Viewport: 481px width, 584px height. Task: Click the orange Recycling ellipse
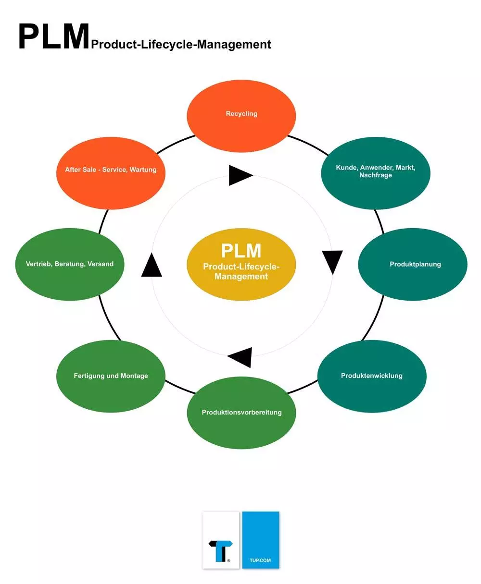(241, 116)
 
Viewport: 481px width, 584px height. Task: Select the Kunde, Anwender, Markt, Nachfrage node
(375, 173)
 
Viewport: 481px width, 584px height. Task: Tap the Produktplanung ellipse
(413, 264)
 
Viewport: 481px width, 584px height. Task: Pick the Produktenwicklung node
(372, 376)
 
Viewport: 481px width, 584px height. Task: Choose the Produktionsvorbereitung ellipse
(241, 413)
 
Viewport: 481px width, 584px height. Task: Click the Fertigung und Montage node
(111, 376)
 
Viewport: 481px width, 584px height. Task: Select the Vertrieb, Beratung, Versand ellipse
(70, 264)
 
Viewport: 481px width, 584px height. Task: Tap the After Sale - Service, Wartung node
(111, 173)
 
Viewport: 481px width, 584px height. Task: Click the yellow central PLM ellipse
(241, 264)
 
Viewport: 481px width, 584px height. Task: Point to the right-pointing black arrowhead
(240, 175)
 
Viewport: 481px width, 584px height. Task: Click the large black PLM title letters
(54, 36)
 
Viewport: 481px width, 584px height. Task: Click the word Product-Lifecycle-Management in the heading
(181, 45)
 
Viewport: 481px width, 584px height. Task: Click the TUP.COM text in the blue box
(260, 560)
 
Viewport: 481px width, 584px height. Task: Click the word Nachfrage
(375, 175)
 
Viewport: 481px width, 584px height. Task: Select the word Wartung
(143, 170)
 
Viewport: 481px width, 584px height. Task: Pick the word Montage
(134, 376)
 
